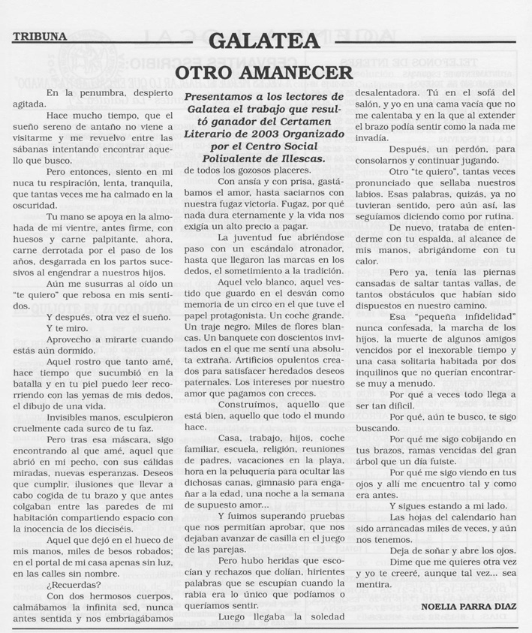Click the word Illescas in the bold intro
click(x=299, y=158)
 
